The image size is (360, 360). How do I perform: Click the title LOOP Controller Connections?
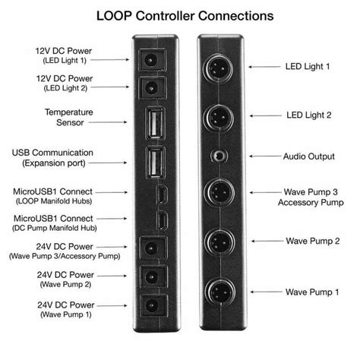click(180, 14)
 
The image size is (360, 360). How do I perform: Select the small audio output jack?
click(219, 156)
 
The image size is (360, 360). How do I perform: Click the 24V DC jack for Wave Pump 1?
click(154, 308)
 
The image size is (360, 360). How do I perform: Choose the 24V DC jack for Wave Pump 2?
click(154, 277)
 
